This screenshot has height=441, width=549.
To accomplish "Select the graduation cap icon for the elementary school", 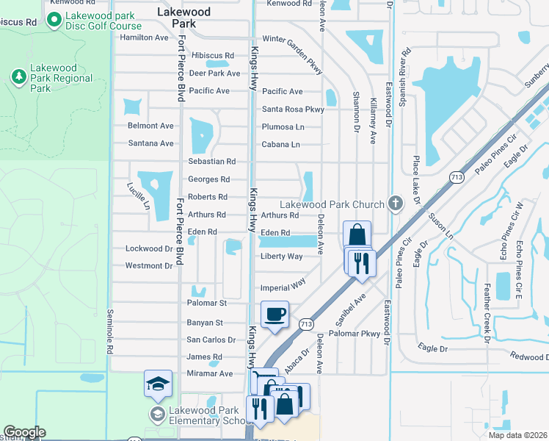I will tap(159, 384).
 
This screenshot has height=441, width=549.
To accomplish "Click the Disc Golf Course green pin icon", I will tap(53, 21).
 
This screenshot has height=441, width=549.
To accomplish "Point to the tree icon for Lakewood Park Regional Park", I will tap(18, 76).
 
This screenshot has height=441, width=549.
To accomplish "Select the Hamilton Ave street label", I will tap(144, 37).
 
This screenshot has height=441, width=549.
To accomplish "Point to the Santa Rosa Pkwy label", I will tap(293, 110).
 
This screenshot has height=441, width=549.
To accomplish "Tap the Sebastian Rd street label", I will tap(211, 161).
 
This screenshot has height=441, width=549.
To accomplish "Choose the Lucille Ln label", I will tap(137, 196).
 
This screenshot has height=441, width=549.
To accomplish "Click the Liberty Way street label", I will tap(281, 257).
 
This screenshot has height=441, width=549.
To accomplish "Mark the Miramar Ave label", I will tap(209, 373).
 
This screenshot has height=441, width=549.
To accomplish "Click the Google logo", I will tap(24, 432).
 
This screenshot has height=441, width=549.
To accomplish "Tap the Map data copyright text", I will tap(517, 435).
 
